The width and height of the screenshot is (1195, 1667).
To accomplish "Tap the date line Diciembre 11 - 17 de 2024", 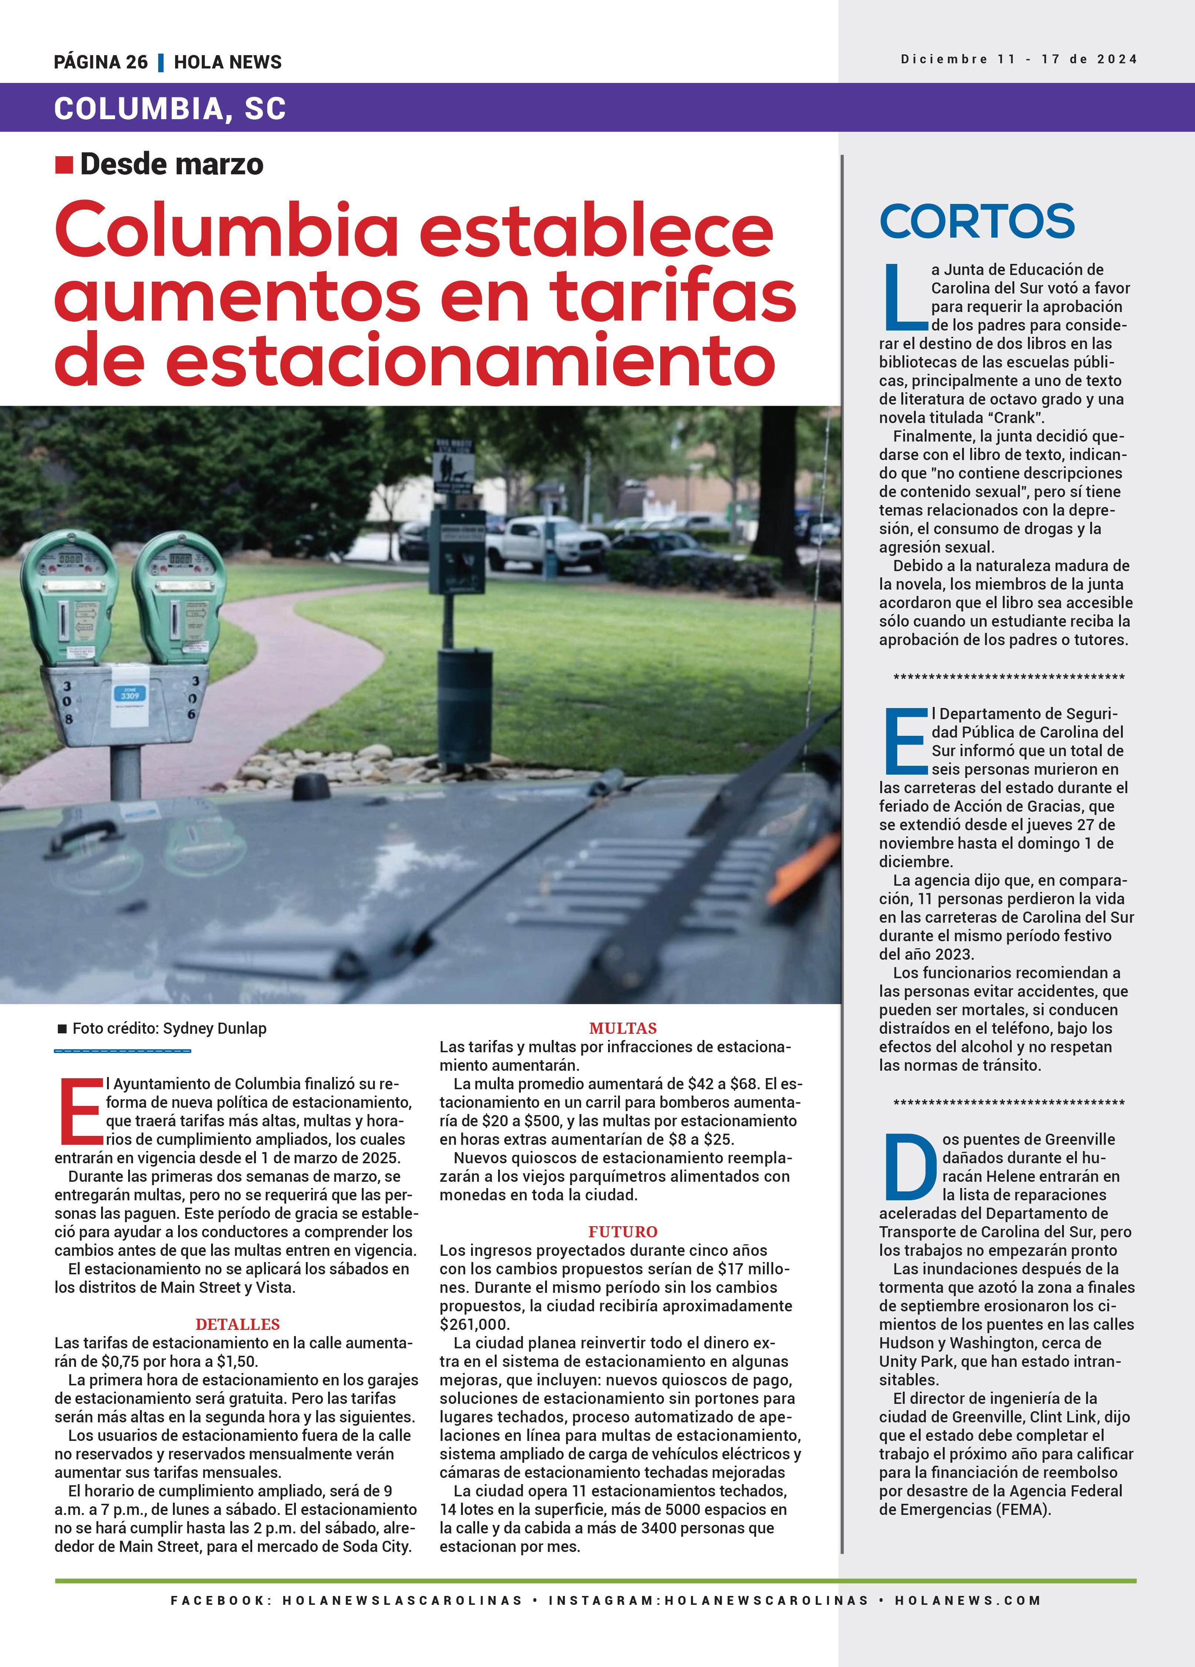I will (x=1018, y=60).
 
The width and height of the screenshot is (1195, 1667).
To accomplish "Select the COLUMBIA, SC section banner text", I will (x=170, y=109).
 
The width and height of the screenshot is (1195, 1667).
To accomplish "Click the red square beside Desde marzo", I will (x=64, y=165).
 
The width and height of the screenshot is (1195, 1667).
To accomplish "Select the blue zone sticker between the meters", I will (x=130, y=694).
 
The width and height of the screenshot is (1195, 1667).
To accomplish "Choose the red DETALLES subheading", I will (x=237, y=1325).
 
